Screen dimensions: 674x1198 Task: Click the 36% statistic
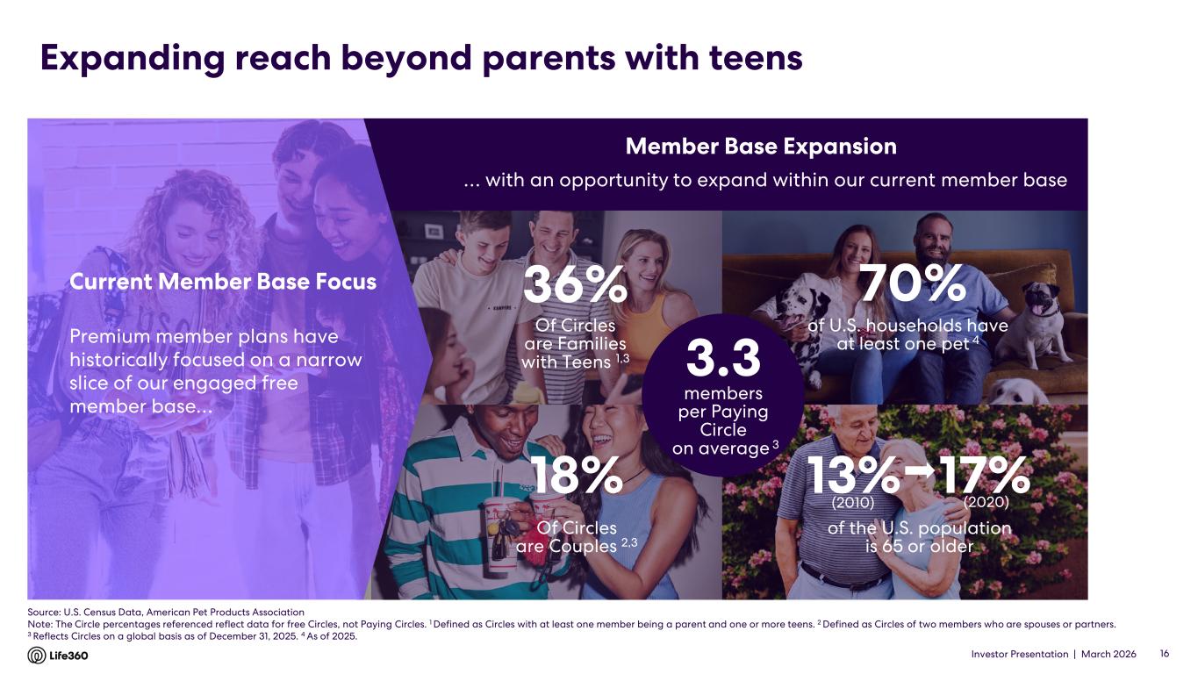point(575,286)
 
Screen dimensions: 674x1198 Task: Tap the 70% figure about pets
point(912,284)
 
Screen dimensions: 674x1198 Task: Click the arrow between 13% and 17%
point(919,471)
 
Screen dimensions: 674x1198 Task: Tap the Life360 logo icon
point(37,656)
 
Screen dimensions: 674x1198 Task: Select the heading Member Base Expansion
point(762,147)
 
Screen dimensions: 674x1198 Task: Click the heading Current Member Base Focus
point(223,282)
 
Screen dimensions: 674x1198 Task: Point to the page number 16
point(1165,655)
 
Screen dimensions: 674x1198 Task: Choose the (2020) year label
point(986,503)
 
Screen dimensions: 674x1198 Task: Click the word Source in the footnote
point(44,612)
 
